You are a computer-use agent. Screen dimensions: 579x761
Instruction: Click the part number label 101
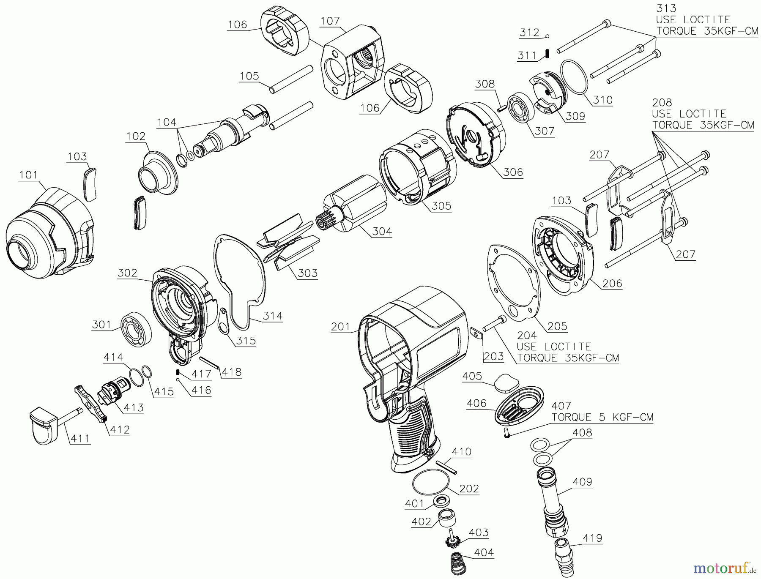tap(28, 175)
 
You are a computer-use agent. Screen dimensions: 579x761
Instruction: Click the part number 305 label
tap(441, 206)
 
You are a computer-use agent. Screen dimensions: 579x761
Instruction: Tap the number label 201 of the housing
tap(341, 327)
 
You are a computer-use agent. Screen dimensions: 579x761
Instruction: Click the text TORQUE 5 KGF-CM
tap(602, 418)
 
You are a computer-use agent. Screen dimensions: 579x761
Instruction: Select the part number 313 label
tap(666, 8)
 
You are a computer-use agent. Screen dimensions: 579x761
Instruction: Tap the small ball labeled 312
tap(547, 36)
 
